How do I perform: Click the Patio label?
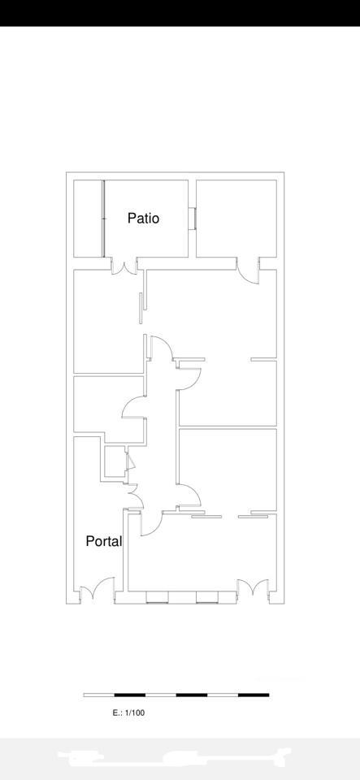tap(143, 218)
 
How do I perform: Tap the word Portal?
tap(104, 541)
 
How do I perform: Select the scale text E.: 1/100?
tap(128, 713)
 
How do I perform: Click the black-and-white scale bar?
tap(176, 695)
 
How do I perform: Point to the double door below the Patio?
tap(124, 266)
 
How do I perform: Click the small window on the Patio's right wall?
tap(193, 219)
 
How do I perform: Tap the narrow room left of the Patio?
tap(88, 219)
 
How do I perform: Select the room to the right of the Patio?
tap(236, 219)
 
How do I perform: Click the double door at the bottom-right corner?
tap(254, 587)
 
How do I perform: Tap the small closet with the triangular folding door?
tap(115, 461)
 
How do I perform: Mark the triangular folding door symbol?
tap(131, 461)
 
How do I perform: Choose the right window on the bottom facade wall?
tap(207, 597)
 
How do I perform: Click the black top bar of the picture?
tap(180, 13)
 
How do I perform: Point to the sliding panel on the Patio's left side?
tap(104, 219)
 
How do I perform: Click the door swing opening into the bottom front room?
tap(152, 524)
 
